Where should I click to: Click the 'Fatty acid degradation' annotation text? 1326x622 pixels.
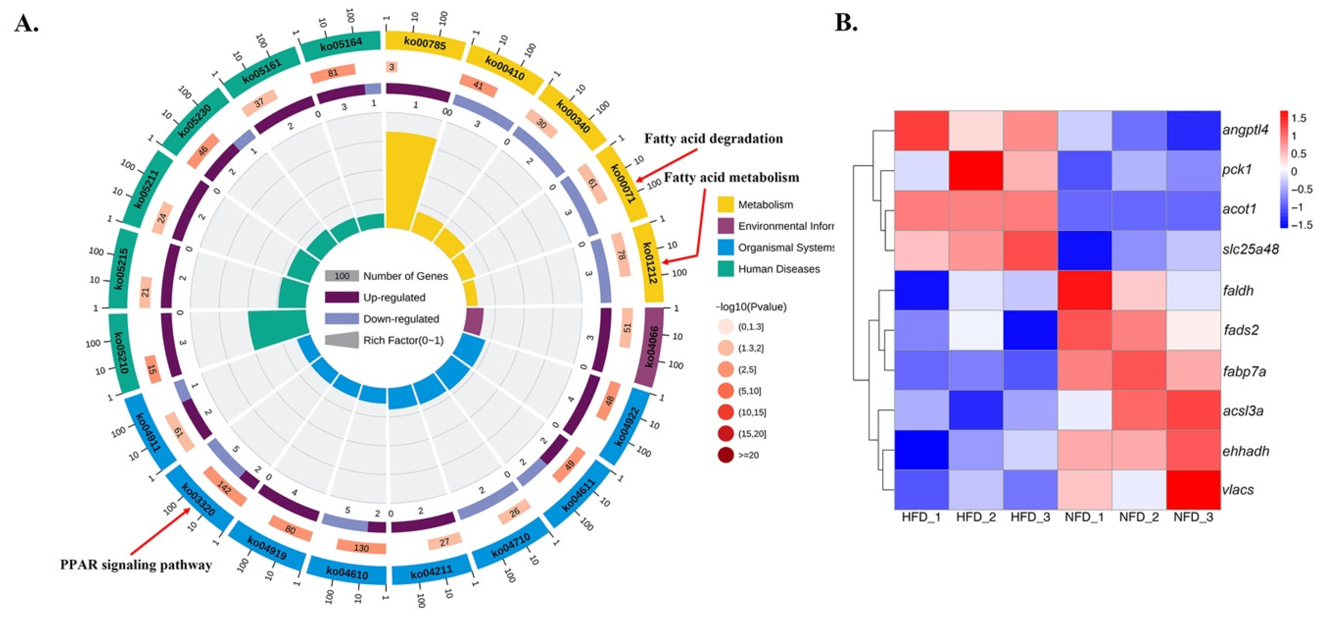pyautogui.click(x=713, y=139)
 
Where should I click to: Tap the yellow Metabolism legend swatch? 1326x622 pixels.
pyautogui.click(x=725, y=205)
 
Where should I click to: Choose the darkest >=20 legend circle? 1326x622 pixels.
pyautogui.click(x=726, y=455)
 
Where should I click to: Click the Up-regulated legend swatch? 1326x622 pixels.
pyautogui.click(x=341, y=297)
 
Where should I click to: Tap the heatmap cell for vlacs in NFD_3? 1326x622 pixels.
pyautogui.click(x=1193, y=489)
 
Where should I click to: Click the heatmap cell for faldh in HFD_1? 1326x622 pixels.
pyautogui.click(x=921, y=290)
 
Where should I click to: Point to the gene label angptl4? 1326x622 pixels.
pyautogui.click(x=1246, y=130)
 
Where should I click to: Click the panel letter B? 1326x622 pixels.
pyautogui.click(x=846, y=23)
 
